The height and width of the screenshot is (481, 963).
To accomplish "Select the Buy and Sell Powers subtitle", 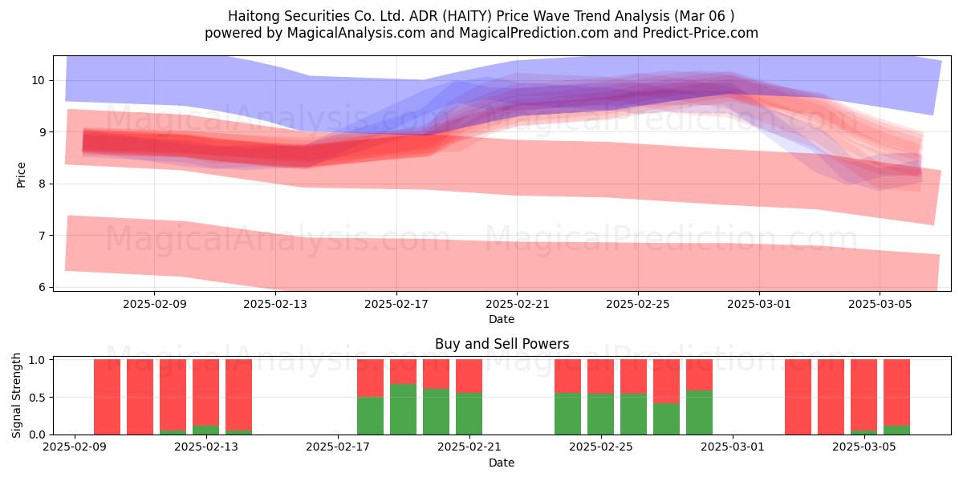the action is point(502,344).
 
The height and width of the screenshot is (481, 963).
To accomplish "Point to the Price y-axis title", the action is point(21,175).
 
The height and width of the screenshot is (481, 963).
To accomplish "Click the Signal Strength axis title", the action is point(16,395).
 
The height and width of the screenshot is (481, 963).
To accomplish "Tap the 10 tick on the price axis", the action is point(38,80).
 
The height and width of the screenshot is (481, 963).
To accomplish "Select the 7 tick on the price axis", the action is point(42,236).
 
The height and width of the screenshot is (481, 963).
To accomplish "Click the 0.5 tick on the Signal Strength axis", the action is point(37,397).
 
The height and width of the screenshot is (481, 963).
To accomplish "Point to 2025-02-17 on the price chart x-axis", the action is point(396,304).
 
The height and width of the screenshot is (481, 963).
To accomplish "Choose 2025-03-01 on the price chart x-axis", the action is point(759,304).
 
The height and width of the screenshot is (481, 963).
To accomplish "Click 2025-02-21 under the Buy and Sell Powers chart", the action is point(469,447).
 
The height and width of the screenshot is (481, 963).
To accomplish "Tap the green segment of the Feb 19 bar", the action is point(403,409).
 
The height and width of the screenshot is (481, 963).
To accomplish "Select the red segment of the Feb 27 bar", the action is point(666,382).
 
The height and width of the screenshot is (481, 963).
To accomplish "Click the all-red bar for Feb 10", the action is point(107,397).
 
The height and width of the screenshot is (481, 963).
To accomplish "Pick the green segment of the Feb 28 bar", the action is point(700,412).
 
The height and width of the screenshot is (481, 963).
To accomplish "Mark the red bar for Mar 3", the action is point(798,397).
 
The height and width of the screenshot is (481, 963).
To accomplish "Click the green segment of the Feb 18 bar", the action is point(370,415).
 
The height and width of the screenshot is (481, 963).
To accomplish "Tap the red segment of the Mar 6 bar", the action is point(897,393).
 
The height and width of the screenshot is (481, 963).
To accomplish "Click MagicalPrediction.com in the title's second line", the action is point(534,33).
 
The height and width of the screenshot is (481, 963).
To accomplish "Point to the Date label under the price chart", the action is point(502,319).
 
